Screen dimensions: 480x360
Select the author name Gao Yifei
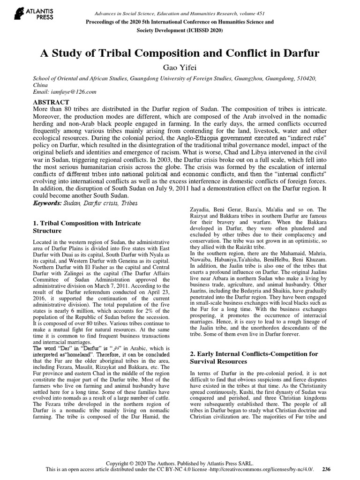(x=180, y=68)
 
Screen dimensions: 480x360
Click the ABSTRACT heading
(x=52, y=102)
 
